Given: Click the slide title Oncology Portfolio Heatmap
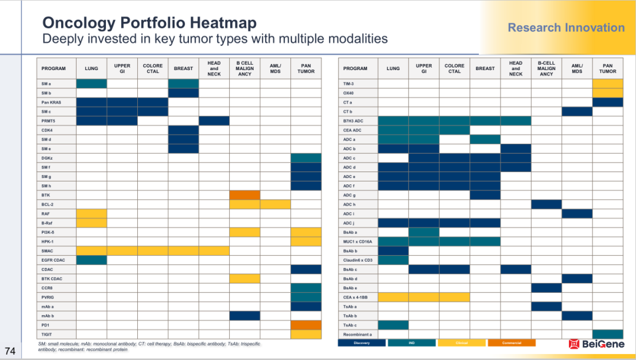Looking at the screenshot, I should [x=150, y=23].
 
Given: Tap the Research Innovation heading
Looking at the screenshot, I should [x=566, y=28].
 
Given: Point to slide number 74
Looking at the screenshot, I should [x=11, y=350].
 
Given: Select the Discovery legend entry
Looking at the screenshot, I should [x=362, y=343].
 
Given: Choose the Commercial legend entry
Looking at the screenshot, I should [x=511, y=343].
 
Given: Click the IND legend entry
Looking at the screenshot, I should [x=412, y=343].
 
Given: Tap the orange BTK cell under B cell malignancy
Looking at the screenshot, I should [x=244, y=195].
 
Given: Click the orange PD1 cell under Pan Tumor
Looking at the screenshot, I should [x=306, y=325].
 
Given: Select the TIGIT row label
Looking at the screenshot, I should [x=47, y=335].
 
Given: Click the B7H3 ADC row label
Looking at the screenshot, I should [x=353, y=121].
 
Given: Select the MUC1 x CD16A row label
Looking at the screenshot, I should [x=357, y=242].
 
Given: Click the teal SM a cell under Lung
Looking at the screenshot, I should [x=91, y=84].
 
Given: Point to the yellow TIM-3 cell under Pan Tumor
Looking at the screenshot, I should [x=607, y=84].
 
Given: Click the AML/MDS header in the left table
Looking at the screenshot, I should [x=275, y=68].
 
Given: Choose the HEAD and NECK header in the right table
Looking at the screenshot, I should [x=515, y=68].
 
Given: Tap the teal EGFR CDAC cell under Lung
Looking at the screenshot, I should [x=91, y=260].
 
